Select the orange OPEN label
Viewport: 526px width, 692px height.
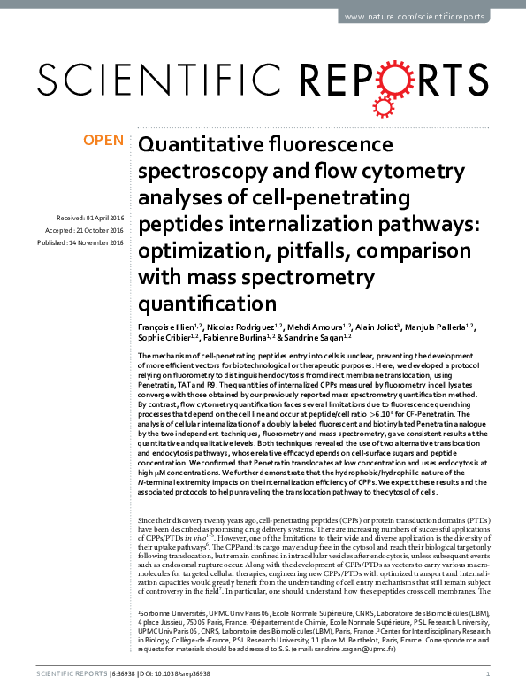click(103, 140)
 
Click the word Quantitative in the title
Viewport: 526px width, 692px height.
click(200, 145)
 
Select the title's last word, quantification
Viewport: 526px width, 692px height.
click(208, 304)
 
